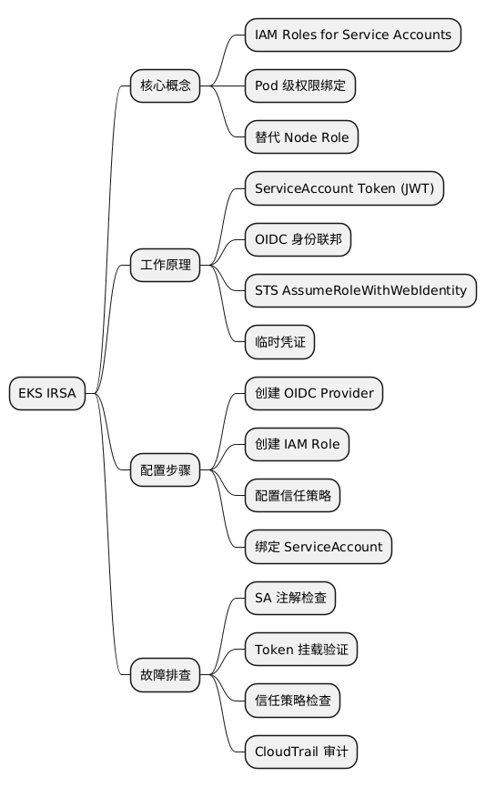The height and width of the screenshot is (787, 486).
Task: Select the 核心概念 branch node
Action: (x=165, y=86)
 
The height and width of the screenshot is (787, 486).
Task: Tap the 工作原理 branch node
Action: (x=165, y=266)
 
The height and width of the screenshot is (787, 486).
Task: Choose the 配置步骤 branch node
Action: (x=165, y=470)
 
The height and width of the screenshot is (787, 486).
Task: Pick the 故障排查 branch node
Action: (x=165, y=675)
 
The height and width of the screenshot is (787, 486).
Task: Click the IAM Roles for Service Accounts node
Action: (x=353, y=35)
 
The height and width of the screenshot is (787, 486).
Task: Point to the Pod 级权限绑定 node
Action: (x=300, y=86)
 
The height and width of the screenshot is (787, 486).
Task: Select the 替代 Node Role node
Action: (x=301, y=137)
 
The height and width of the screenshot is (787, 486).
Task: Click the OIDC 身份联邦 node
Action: (x=298, y=240)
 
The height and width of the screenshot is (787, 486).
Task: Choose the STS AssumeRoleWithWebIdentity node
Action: (x=360, y=291)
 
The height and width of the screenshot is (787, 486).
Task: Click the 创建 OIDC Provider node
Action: (x=314, y=394)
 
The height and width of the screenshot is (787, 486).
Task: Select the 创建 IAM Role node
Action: (x=297, y=445)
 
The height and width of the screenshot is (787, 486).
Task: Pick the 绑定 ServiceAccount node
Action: (x=319, y=548)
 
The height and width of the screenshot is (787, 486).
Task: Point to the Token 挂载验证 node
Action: (x=301, y=650)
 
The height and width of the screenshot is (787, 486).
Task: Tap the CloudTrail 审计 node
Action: (x=301, y=752)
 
